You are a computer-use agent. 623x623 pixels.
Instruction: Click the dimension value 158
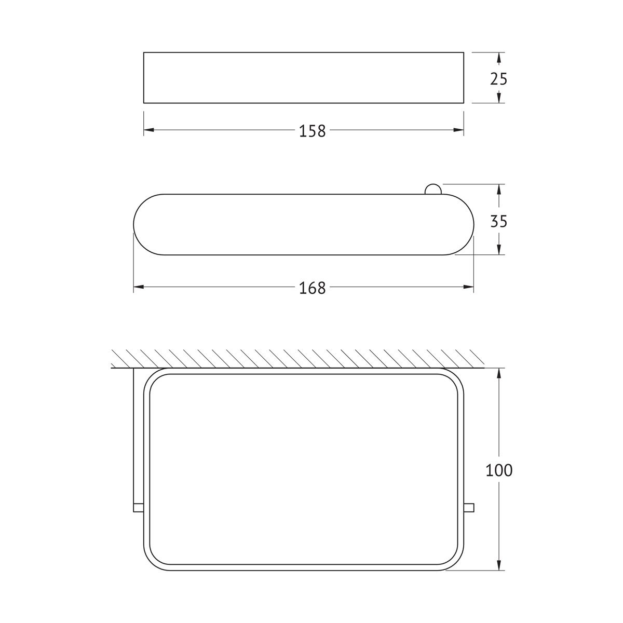[x=313, y=131]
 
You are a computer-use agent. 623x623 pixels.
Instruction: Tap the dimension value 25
[x=498, y=79]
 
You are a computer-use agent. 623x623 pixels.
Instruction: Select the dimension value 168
[x=313, y=288]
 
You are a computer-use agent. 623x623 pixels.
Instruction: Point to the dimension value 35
[x=498, y=222]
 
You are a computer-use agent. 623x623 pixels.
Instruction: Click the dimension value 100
[x=499, y=470]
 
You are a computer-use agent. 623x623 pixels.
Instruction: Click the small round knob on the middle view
[x=432, y=189]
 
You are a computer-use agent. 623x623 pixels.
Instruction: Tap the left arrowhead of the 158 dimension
[x=148, y=130]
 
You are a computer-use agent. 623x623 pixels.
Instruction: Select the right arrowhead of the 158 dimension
[x=458, y=130]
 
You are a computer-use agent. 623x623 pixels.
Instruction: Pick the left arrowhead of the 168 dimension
[x=139, y=287]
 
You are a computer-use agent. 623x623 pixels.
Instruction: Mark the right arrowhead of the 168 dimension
[x=468, y=287]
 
